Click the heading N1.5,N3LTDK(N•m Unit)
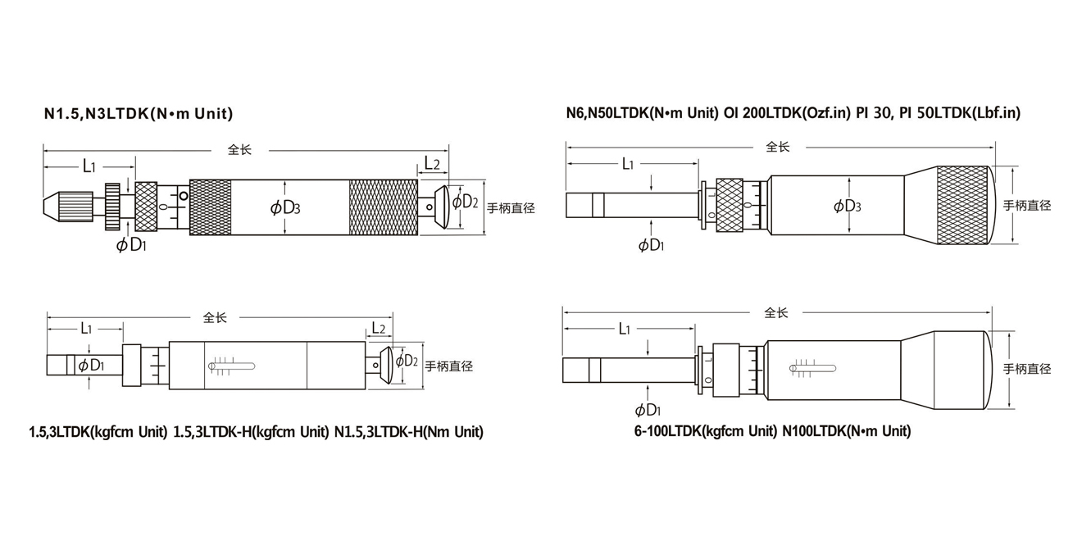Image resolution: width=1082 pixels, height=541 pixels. pos(139,113)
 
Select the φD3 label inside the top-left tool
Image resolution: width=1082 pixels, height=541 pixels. pos(284,208)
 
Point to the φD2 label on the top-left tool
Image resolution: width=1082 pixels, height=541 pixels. pos(465,202)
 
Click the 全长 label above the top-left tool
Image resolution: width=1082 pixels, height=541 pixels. pos(239,150)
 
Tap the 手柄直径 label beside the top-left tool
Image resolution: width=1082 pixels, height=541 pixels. pos(511,208)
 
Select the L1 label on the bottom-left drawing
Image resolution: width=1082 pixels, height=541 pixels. pos(85,329)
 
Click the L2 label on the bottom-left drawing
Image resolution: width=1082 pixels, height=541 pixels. pos(377,329)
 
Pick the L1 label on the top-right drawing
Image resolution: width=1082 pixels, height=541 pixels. pos(627,164)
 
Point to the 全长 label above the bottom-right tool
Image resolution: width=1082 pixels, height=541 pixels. pos(775,312)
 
